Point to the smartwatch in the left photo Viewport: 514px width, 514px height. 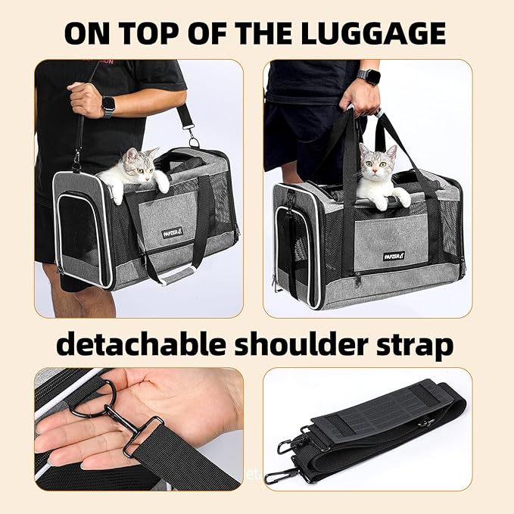[108, 106]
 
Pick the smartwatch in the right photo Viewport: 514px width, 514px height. [369, 78]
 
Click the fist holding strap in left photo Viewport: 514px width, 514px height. [84, 99]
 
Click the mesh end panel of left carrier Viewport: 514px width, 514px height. [80, 231]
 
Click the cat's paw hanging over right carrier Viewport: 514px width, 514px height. [401, 199]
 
